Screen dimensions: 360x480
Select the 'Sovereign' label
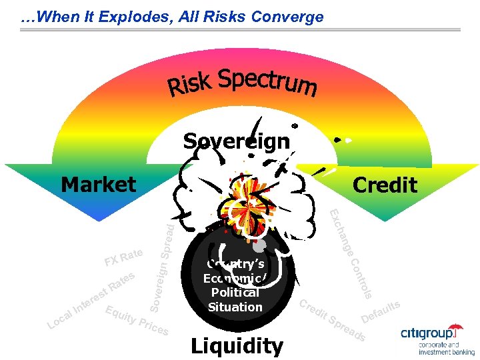tap(237, 141)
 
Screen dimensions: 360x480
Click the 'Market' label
tap(98, 184)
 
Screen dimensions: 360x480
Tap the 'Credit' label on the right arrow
tap(385, 185)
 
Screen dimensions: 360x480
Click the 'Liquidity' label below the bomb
tap(237, 346)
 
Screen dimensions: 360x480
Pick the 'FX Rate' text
tap(123, 257)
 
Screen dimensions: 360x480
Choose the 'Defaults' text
tap(380, 309)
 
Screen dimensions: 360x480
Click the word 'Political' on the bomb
tap(235, 293)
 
